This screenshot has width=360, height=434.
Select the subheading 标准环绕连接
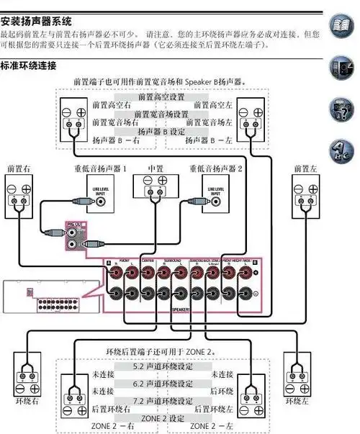click(30, 66)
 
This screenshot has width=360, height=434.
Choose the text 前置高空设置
click(163, 96)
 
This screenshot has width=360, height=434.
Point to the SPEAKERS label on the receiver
click(181, 308)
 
